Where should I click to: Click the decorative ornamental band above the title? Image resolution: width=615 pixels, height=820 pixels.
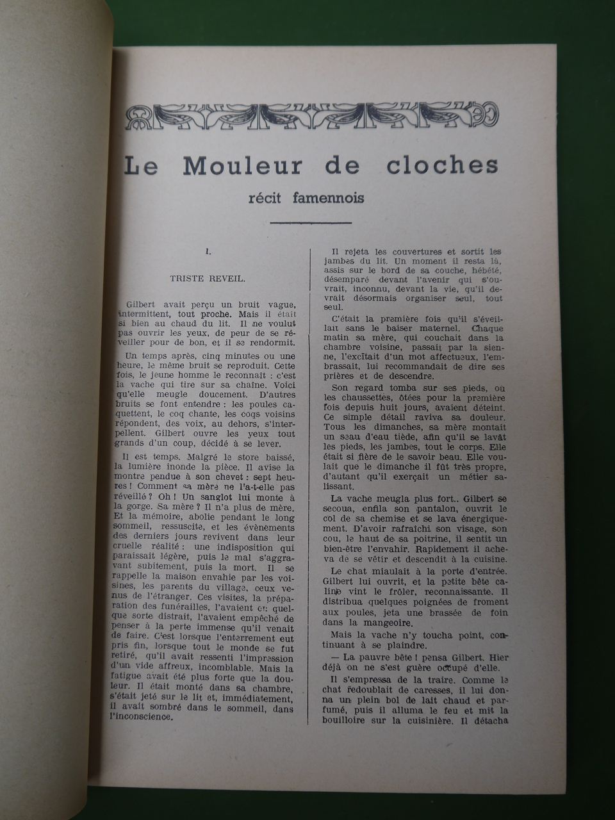(x=311, y=113)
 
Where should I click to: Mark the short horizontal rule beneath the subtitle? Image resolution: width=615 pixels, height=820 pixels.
(x=312, y=223)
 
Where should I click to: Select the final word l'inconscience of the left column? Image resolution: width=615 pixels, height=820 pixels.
(x=151, y=717)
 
